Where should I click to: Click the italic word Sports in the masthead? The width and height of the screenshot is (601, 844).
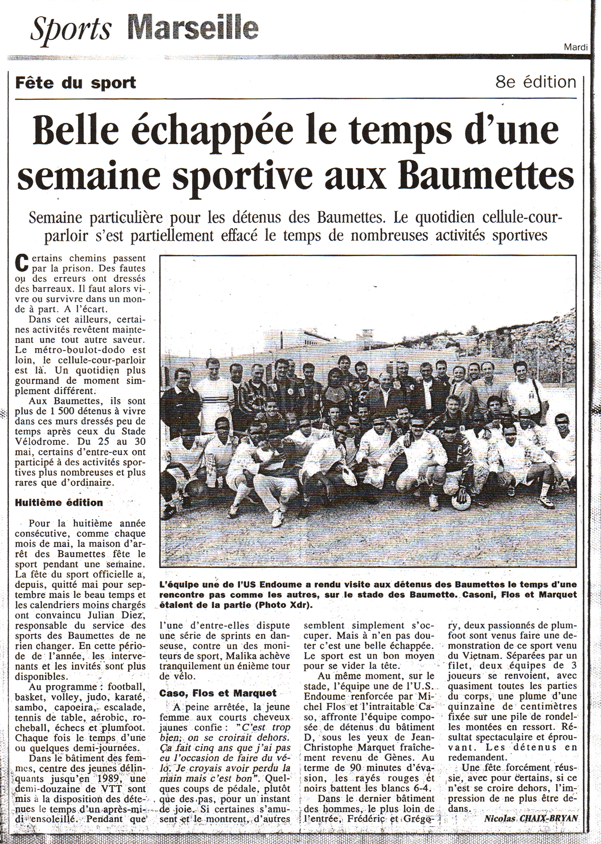click(x=71, y=29)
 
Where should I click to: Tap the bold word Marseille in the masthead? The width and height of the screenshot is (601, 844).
click(x=193, y=28)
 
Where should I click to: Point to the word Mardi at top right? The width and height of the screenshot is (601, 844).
click(x=576, y=47)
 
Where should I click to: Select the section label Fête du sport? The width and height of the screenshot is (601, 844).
click(x=76, y=83)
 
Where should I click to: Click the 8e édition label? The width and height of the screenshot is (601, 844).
click(x=535, y=82)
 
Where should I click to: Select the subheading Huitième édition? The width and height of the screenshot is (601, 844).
click(x=59, y=503)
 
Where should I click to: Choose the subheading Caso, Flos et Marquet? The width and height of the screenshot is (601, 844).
click(x=218, y=693)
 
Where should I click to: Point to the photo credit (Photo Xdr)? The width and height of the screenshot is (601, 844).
click(x=285, y=605)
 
